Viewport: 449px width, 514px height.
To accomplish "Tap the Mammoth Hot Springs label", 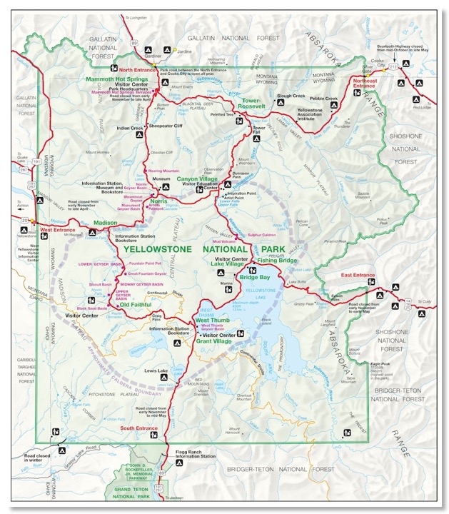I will click(116, 78).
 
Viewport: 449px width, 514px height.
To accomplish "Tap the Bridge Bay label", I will click(254, 276).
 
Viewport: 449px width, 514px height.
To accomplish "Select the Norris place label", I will click(158, 201).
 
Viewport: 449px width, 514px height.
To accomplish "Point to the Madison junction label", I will click(104, 222).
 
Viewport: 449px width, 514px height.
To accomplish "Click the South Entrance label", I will click(138, 428).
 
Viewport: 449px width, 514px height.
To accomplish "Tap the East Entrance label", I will click(358, 275).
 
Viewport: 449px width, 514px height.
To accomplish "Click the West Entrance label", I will click(56, 230).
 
